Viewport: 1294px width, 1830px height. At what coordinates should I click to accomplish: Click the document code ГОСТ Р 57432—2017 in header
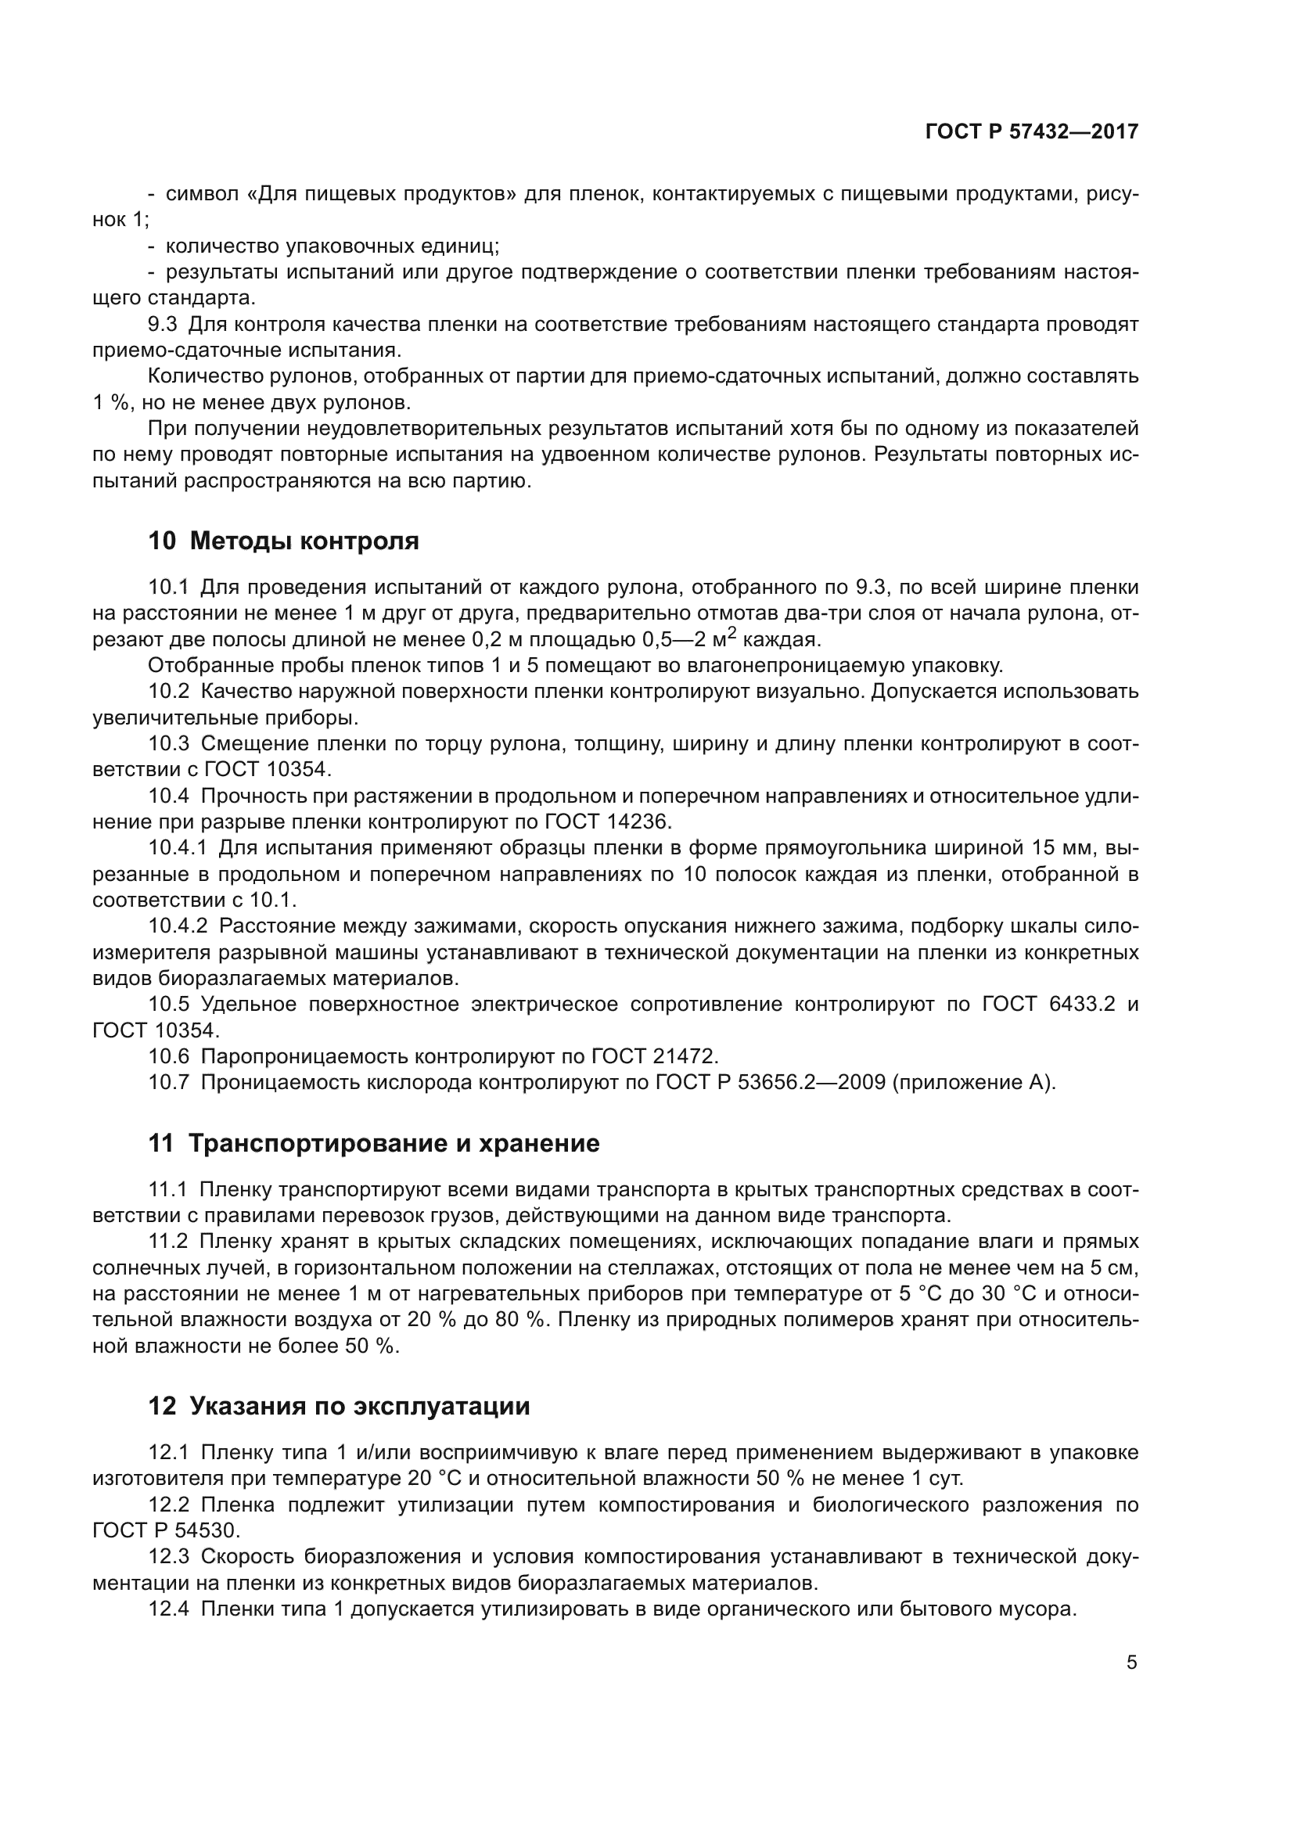click(x=1031, y=132)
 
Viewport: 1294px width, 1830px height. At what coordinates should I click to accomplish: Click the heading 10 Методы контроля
click(x=283, y=541)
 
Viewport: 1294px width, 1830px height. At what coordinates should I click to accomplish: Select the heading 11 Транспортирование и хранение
click(x=373, y=1144)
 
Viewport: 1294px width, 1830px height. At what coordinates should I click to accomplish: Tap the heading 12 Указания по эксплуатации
click(x=339, y=1406)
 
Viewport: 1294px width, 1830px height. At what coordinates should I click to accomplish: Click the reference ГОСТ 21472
click(x=654, y=1057)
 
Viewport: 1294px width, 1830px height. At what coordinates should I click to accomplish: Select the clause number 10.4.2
click(x=177, y=926)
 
